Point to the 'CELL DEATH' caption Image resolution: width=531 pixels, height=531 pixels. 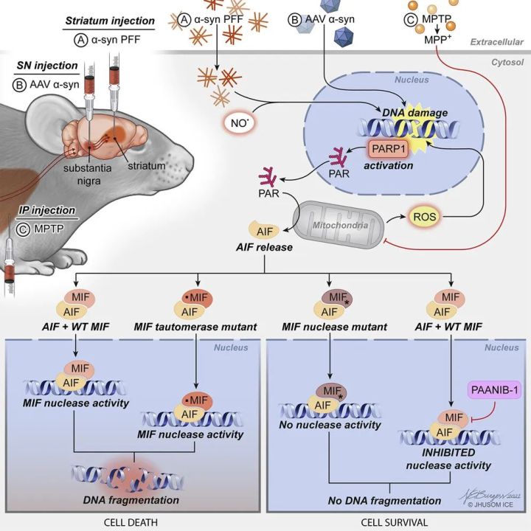tap(131, 521)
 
